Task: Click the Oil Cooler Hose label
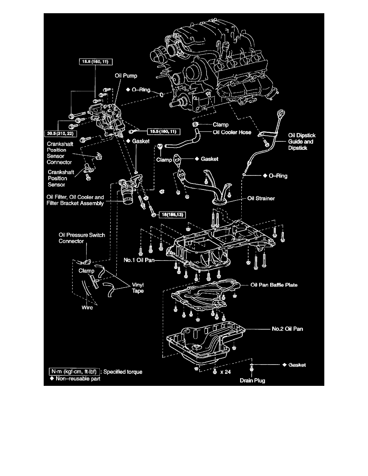[232, 133]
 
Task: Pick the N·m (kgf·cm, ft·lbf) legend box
[73, 371]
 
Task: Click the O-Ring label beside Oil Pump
[139, 90]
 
